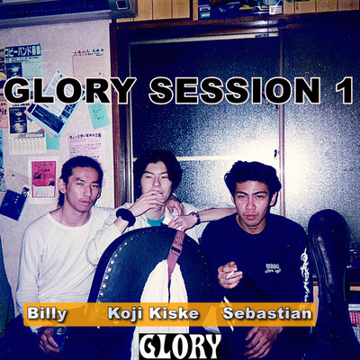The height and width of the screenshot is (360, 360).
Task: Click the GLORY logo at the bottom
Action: pos(181,346)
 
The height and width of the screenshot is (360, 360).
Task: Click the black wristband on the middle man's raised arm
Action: pos(125,217)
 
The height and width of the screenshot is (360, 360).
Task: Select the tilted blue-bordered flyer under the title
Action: pos(49,114)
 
